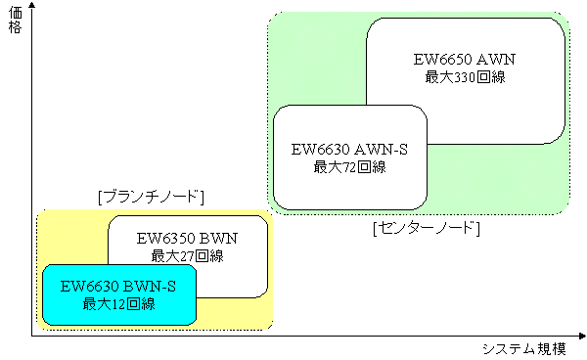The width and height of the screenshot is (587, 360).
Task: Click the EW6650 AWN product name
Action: (x=465, y=60)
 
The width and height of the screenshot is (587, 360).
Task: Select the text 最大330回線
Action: (x=465, y=77)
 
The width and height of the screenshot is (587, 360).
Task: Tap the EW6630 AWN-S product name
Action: (x=349, y=150)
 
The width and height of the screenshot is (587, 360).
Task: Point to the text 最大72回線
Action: (x=349, y=167)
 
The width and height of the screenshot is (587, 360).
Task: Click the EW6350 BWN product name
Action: (x=188, y=238)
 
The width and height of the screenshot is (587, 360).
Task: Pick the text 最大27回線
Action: (x=188, y=255)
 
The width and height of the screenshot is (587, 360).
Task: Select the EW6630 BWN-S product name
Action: (x=119, y=287)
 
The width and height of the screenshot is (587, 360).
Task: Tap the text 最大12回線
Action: (x=119, y=304)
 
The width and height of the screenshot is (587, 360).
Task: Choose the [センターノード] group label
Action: (x=426, y=228)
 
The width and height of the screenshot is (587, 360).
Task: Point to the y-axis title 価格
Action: (x=15, y=22)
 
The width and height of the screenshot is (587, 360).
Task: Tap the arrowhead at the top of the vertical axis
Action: (x=31, y=10)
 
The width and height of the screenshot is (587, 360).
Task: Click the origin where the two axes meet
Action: (x=31, y=337)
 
